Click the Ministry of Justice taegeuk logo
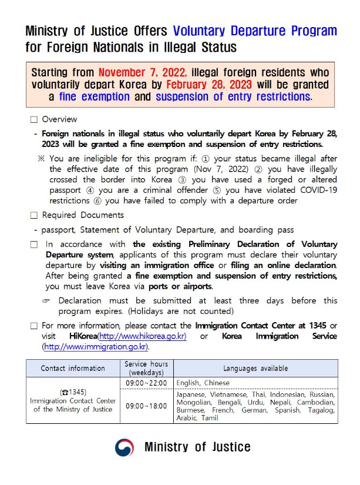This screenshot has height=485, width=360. (124, 447)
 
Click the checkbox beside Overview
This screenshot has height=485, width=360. (33, 119)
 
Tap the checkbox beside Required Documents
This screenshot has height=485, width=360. (33, 215)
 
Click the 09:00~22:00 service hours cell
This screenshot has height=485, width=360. (146, 383)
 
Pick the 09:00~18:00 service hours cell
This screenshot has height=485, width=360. (146, 406)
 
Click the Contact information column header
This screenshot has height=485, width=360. (73, 369)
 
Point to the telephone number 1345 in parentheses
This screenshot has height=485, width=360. (73, 392)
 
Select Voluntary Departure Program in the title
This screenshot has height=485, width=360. (255, 31)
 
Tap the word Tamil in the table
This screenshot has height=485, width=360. (208, 418)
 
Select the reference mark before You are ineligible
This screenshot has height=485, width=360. (41, 158)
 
